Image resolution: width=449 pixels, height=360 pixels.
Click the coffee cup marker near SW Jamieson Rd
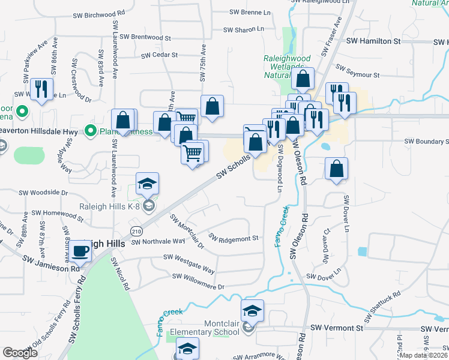point(80,252)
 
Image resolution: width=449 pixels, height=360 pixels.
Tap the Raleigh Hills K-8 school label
point(113,207)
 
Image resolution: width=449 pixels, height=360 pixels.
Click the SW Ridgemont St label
point(234,238)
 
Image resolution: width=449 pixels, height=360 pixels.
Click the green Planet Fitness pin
point(91,130)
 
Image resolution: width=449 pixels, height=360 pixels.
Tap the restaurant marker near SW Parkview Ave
point(41,89)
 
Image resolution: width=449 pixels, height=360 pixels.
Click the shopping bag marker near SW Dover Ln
point(337,169)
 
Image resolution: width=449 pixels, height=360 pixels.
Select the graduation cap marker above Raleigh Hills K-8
point(147,184)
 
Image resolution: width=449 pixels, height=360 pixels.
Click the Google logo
point(20,353)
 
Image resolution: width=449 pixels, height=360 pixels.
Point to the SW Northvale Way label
point(158,241)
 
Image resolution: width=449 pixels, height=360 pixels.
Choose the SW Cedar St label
point(159,55)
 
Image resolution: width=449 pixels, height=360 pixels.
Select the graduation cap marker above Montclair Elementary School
point(252,311)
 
